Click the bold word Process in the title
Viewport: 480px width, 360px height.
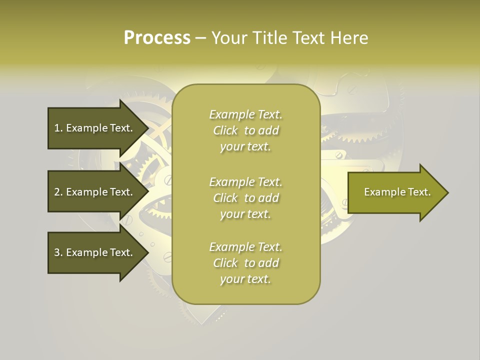[x=157, y=37]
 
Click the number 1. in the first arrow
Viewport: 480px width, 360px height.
[x=58, y=128]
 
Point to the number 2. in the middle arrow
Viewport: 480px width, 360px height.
[x=58, y=192]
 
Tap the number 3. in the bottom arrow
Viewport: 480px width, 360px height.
[x=58, y=252]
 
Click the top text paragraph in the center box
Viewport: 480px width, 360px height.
[x=245, y=130]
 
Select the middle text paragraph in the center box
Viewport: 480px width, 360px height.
[x=245, y=198]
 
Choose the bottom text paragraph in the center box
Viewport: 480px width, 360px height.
[x=245, y=263]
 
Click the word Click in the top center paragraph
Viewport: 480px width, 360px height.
[x=225, y=130]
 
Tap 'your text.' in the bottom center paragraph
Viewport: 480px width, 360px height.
[x=245, y=279]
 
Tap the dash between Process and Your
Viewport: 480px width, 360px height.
[x=200, y=38]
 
